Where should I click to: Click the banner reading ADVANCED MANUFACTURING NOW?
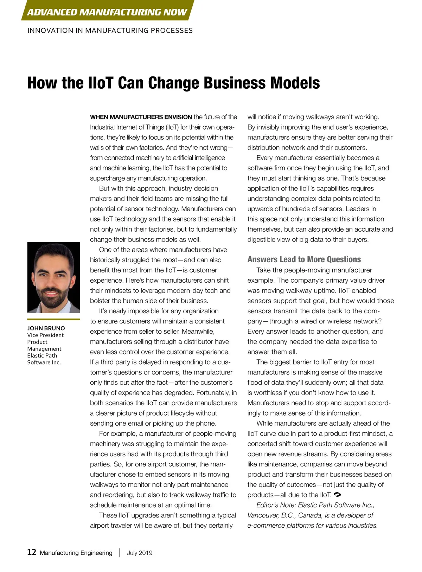pos(107,12)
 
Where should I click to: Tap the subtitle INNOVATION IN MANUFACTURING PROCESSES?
pos(110,31)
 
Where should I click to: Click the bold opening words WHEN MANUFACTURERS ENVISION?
pos(141,117)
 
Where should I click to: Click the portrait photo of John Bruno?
pos(53,277)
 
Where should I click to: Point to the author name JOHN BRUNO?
pos(46,328)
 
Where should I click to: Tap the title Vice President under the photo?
pos(45,335)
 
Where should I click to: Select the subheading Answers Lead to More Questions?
pos(304,259)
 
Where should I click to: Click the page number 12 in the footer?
pos(32,552)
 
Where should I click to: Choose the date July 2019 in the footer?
pos(140,553)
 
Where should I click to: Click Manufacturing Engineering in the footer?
pos(76,553)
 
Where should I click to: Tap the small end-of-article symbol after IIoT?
pos(337,495)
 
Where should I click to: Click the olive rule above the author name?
pos(53,319)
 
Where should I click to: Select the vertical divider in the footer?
pos(120,552)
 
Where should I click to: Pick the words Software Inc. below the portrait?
pos(44,363)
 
